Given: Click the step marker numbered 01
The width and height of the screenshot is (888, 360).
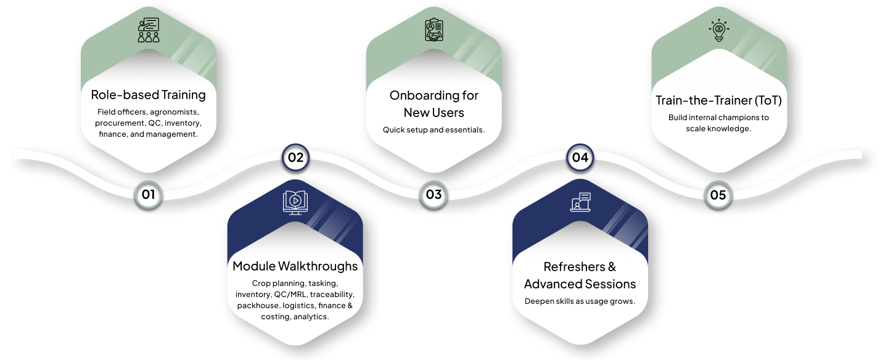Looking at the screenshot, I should point(148,195).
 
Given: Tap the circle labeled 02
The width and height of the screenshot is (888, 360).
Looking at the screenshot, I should point(295,157).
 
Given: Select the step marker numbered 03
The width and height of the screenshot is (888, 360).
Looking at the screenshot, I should point(434,195).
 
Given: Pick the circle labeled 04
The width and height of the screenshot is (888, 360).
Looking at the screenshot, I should point(580,157).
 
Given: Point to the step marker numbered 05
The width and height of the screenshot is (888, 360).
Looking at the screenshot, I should point(718,195).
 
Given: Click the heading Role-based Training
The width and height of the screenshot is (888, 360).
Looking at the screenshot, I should point(148,95).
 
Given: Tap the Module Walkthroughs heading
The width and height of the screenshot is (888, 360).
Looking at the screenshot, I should point(295,266).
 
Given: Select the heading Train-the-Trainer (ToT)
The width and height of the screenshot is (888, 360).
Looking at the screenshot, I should point(718,100).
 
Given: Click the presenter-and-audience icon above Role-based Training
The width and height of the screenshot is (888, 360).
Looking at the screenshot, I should point(148,30).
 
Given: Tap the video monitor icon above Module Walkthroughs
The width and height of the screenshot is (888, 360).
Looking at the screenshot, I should point(295,202).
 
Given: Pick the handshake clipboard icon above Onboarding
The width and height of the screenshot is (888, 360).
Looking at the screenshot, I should point(434,30).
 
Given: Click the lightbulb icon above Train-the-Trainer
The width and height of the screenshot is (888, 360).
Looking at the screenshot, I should point(718,30).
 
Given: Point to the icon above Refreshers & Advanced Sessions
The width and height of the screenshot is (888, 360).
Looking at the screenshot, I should point(580,202).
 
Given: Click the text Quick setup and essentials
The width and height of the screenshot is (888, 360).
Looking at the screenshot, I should point(434,130).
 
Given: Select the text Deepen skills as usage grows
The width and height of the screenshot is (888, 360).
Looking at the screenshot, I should point(580,301).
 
